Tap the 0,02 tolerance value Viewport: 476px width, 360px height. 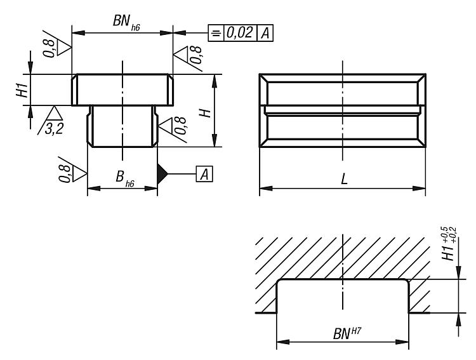point(239,33)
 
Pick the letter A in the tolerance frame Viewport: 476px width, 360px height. point(264,33)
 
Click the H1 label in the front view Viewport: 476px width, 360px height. point(21,89)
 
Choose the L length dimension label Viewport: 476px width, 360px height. point(343,179)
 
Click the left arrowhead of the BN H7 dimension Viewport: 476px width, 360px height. point(280,342)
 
